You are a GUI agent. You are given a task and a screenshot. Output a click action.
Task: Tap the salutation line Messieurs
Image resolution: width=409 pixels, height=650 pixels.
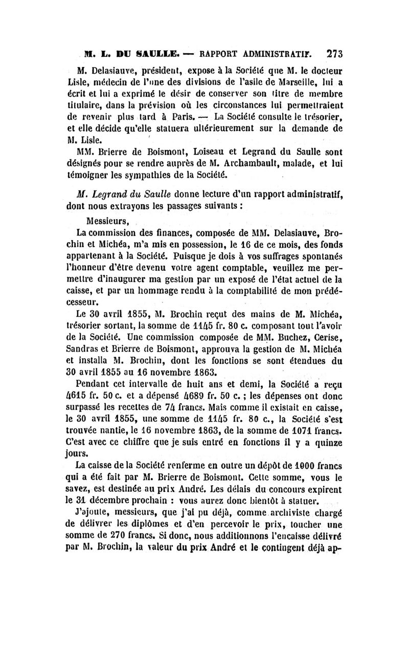click(108, 222)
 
